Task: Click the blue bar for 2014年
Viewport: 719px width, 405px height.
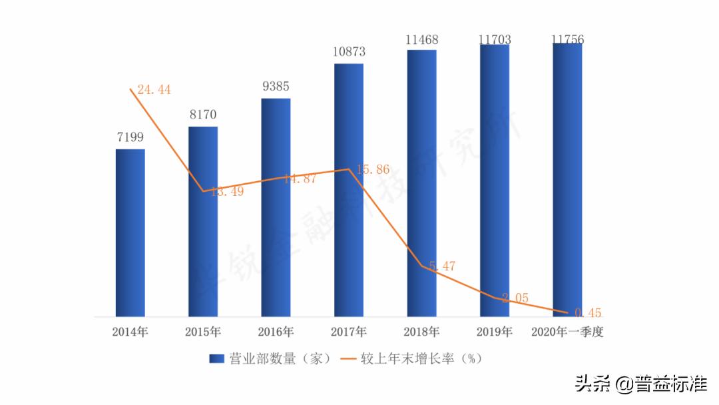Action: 130,232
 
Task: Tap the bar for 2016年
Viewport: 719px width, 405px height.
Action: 276,207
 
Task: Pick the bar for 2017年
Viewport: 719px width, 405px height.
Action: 349,190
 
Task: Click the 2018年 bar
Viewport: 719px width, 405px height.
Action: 422,183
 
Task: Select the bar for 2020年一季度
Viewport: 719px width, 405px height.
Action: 567,180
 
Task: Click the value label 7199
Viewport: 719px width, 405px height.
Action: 130,138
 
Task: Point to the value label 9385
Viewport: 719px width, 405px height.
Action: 276,87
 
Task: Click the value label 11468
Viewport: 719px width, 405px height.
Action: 422,39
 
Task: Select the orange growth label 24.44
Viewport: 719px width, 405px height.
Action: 154,89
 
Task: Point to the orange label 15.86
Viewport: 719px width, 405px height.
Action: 372,170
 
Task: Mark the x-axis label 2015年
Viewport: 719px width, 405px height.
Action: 203,332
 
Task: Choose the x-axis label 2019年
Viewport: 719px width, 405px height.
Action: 495,332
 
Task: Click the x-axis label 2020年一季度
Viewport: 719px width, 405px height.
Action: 567,332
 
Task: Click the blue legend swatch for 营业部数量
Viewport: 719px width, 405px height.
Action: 217,359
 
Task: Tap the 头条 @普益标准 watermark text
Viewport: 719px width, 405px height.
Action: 641,384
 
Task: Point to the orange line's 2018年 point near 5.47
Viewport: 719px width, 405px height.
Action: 422,266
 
